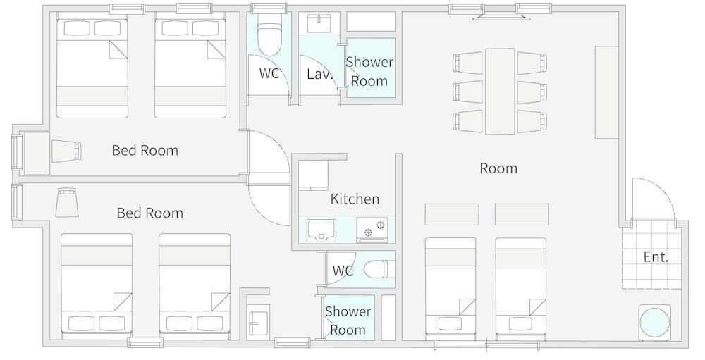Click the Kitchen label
355,199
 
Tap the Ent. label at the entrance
656,257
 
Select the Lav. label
319,74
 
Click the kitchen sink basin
321,230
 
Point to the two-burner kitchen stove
372,230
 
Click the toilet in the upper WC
269,35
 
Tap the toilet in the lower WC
376,270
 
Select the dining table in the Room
500,92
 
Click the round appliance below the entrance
655,322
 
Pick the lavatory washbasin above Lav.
319,23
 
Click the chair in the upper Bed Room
66,151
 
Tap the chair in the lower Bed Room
68,203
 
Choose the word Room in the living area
498,168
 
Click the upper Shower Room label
369,71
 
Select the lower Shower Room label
348,321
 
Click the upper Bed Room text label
145,150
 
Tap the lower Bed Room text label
149,213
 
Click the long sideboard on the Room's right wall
607,92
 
